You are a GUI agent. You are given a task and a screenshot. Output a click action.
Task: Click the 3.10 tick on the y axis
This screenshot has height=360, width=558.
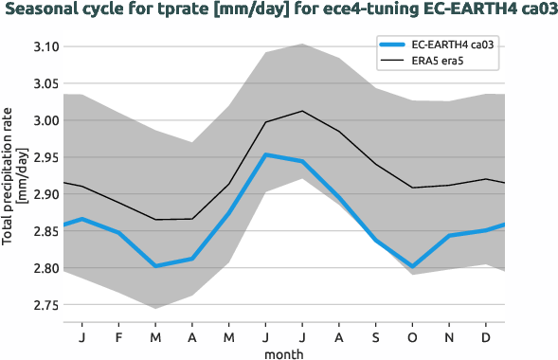point(45,46)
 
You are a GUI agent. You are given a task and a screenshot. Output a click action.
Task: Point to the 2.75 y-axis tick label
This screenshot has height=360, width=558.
point(45,305)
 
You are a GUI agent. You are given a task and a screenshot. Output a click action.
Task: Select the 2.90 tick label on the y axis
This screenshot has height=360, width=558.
point(45,194)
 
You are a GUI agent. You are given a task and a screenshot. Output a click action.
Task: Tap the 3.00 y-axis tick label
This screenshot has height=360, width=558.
point(45,120)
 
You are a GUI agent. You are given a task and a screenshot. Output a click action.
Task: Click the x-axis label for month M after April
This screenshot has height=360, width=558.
point(228,336)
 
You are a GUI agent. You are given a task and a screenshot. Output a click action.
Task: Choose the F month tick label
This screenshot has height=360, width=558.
point(118,336)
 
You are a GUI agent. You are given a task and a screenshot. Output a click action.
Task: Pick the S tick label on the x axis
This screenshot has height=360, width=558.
point(375,336)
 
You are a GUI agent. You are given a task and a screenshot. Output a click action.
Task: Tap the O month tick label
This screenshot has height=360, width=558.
point(412,336)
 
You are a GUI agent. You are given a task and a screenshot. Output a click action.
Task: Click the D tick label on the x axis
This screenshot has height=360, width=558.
point(486,336)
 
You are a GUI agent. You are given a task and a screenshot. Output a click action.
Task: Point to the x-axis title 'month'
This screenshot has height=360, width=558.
point(283,352)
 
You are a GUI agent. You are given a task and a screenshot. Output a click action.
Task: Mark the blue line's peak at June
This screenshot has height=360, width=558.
point(265,154)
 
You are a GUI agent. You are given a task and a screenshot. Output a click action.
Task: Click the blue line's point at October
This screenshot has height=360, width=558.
point(412,267)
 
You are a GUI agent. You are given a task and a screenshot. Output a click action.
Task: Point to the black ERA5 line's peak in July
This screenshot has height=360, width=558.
point(302,111)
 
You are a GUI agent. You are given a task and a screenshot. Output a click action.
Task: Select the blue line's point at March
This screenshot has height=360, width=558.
point(155,266)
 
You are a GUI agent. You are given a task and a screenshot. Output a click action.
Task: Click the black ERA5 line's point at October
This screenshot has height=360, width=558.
point(412,188)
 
